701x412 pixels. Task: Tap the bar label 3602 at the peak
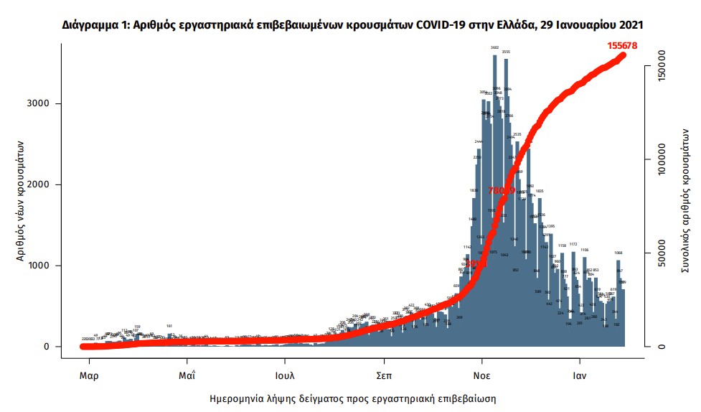(x=494, y=47)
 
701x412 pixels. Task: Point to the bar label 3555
(x=506, y=52)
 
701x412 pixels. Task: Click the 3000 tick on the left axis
(x=39, y=103)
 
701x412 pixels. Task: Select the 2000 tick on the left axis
(x=39, y=184)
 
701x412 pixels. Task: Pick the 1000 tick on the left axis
(x=39, y=266)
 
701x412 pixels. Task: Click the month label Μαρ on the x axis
(x=88, y=375)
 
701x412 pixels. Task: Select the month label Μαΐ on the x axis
(x=187, y=375)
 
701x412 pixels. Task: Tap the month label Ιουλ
(x=286, y=375)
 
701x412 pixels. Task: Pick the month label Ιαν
(x=580, y=375)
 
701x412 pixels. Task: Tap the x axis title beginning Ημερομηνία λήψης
(x=352, y=398)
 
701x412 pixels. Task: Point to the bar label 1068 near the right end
(x=618, y=253)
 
